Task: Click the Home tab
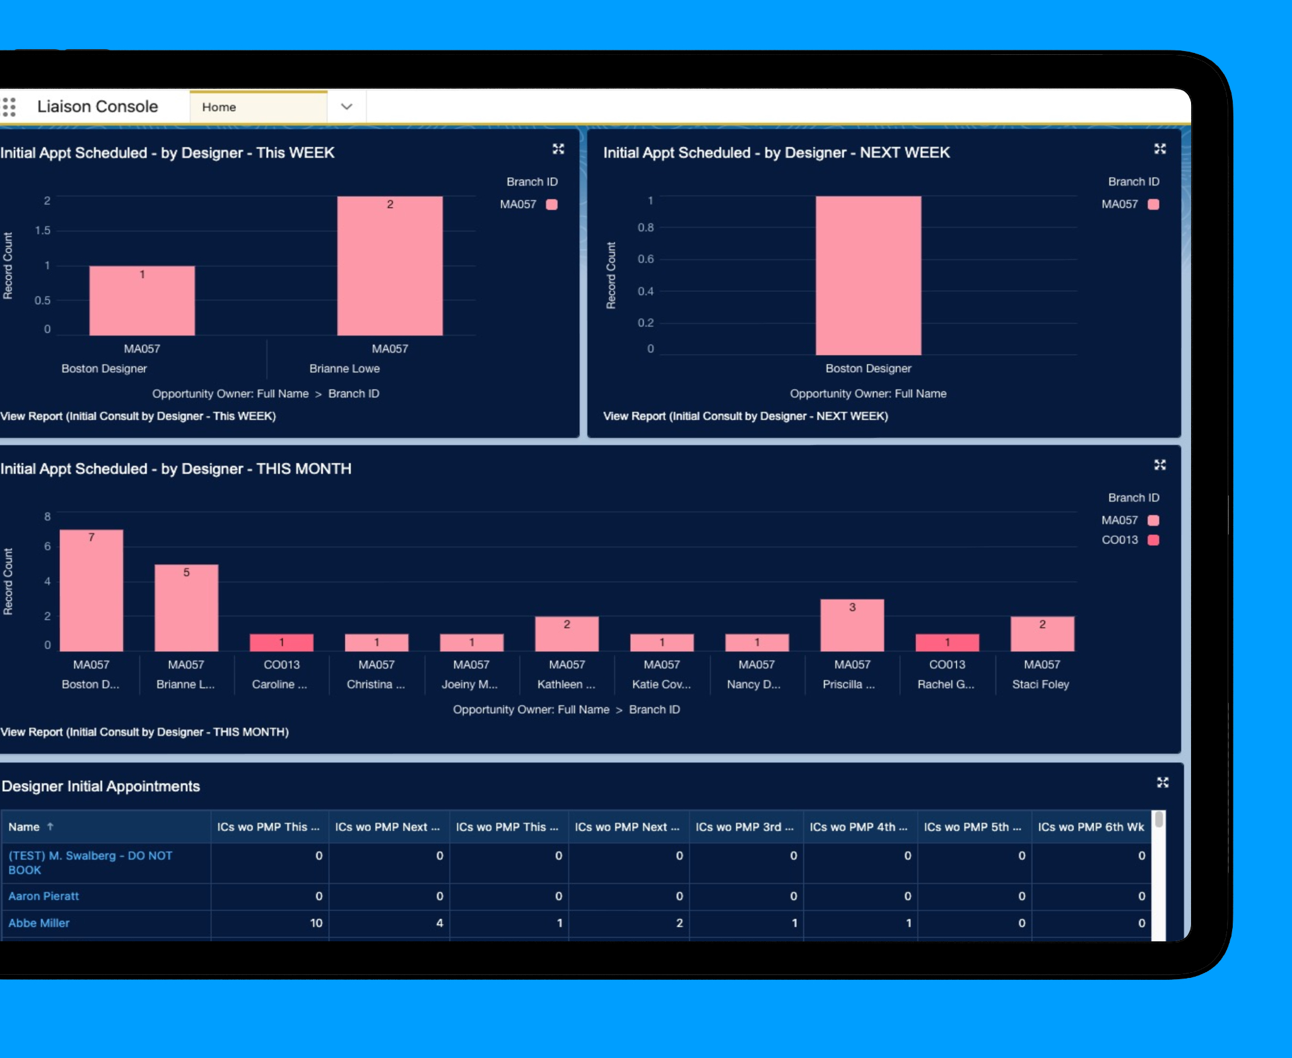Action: (x=219, y=107)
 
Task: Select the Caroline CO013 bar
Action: (x=281, y=642)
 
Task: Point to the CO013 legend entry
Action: (x=1129, y=540)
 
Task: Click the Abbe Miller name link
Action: (x=39, y=923)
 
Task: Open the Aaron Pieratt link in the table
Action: (x=44, y=896)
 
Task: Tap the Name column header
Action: (x=25, y=827)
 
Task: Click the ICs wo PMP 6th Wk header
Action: (x=1090, y=827)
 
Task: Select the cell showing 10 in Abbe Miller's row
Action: (x=316, y=923)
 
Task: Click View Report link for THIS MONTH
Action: (x=144, y=732)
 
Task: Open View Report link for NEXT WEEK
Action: (x=745, y=416)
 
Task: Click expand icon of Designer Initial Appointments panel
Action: (x=1163, y=783)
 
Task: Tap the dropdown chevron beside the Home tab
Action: (x=346, y=107)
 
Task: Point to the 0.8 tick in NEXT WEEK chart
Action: (x=645, y=227)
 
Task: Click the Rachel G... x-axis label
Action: (x=946, y=684)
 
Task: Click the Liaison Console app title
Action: (x=98, y=107)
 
